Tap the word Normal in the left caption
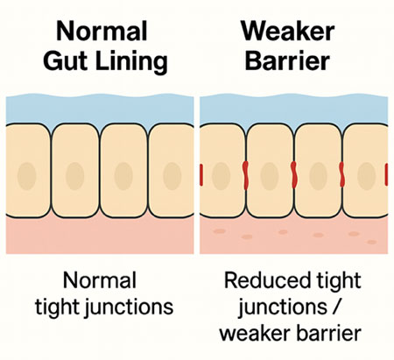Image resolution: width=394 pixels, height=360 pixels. pyautogui.click(x=100, y=281)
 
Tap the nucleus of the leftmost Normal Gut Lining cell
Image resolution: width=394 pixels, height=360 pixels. pyautogui.click(x=28, y=173)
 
